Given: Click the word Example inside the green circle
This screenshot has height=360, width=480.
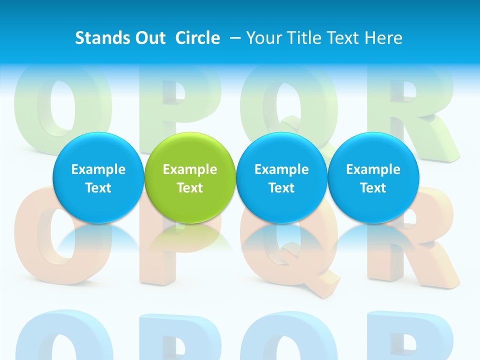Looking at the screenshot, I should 189,169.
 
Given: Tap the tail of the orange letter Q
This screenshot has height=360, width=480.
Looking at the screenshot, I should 320,280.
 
